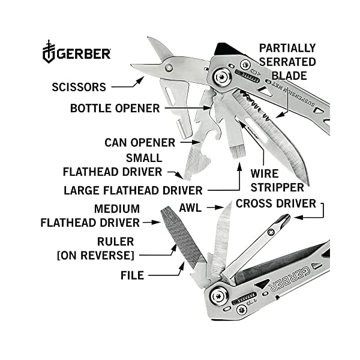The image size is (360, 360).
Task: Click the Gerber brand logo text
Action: pos(83,54)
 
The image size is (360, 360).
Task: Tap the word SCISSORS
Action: pos(79,87)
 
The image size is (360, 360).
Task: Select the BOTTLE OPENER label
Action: pos(115,108)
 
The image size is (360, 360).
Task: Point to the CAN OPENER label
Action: pos(140,143)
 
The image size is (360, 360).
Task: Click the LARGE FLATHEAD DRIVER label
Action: pos(133,190)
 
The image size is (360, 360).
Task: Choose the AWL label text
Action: pos(190,208)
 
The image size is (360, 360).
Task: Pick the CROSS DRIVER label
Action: pos(276,203)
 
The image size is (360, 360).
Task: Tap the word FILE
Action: pos(133,275)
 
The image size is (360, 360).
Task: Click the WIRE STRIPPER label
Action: pos(277,181)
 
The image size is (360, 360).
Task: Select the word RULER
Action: pos(115,242)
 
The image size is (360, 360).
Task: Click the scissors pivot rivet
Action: pos(169,67)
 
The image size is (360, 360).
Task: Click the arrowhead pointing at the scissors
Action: pos(140,80)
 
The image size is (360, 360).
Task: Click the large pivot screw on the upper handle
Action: pos(221,77)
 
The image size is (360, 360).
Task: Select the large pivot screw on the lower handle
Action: pos(219,296)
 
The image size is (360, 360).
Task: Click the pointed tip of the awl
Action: pos(231,202)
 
